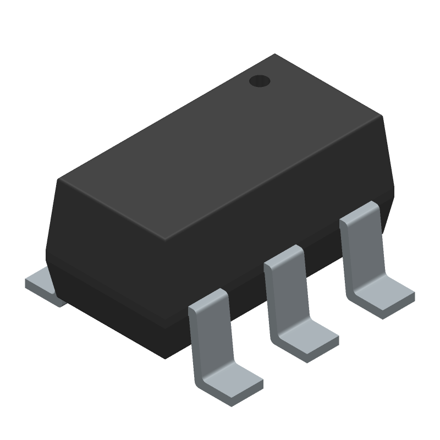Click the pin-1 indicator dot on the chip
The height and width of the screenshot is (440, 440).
click(x=260, y=81)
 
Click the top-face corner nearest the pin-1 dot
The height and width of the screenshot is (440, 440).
click(x=274, y=55)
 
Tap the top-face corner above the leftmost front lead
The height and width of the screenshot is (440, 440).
click(x=166, y=239)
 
